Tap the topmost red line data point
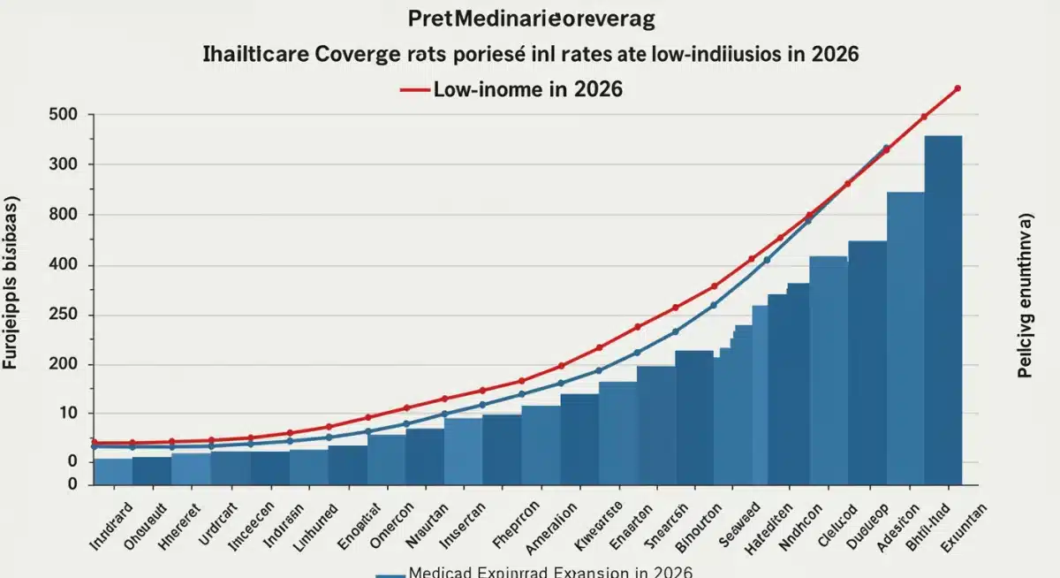tap(958, 88)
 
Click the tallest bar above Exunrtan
tap(943, 309)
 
